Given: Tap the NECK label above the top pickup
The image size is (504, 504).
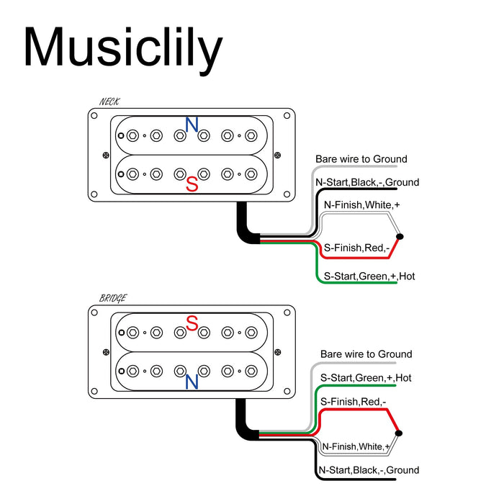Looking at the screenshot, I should pos(109,103).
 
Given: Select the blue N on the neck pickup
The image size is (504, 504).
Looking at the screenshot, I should pos(192,125).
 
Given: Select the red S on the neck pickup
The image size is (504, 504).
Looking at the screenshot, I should pos(192,184).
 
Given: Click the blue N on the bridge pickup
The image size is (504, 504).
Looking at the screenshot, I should pos(192,382).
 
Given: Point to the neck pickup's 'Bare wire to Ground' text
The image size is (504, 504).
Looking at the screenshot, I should pos(361,159).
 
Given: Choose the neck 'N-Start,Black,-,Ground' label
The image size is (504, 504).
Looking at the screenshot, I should pos(367,182).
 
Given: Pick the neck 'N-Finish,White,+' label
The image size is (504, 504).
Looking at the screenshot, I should pos(361,205).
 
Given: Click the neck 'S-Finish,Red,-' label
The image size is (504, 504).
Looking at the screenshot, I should pos(356,248).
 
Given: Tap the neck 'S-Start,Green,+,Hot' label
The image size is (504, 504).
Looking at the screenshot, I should pos(369,276).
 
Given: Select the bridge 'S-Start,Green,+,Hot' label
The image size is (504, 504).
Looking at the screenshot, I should pos(366,377).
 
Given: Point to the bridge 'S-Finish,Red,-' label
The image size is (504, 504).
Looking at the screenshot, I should pos(353,402).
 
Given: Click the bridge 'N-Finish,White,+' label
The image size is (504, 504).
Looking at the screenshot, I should pos(356,446).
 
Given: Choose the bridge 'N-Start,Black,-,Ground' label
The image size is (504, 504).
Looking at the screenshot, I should pos(368,470).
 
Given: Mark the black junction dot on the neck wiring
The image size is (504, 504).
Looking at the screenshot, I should pos(400,237).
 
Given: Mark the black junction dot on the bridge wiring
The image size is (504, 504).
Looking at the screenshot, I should pos(400,433).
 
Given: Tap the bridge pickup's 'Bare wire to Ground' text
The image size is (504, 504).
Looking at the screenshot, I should pos(366,354).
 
